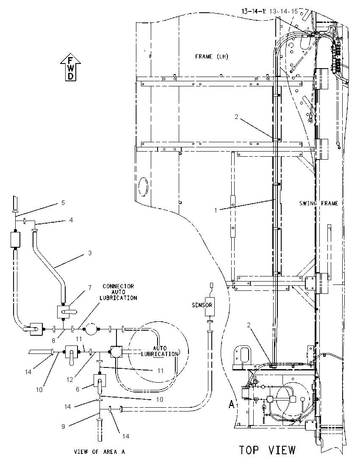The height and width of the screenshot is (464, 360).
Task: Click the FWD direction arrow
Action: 70,67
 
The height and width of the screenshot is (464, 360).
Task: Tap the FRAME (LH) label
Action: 212,56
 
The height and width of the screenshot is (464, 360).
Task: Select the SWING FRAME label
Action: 318,203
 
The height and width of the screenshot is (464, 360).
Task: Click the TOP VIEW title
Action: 267,450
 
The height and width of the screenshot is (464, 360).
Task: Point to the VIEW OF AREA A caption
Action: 100,452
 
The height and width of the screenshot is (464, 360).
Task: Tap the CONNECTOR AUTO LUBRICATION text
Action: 118,292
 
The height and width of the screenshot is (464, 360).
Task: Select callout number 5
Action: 63,203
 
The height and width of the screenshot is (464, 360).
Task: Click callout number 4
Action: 71,220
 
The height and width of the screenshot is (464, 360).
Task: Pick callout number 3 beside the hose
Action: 90,253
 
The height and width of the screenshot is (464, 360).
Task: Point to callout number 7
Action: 90,287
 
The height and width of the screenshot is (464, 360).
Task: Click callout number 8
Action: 53,341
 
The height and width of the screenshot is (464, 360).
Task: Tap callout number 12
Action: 69,380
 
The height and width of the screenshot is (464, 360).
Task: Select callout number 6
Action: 78,389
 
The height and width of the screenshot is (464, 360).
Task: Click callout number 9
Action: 63,426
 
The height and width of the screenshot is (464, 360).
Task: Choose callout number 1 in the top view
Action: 216,210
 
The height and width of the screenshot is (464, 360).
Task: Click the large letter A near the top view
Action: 232,405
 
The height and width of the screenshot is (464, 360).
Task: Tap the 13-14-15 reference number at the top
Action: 284,11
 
